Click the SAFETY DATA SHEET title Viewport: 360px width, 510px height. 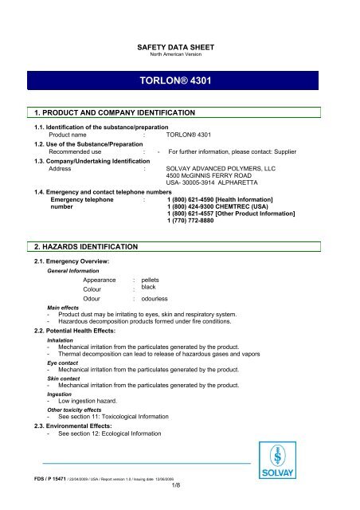[x=179, y=49]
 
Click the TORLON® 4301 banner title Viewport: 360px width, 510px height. [x=179, y=81]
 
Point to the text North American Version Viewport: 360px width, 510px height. [x=179, y=57]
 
